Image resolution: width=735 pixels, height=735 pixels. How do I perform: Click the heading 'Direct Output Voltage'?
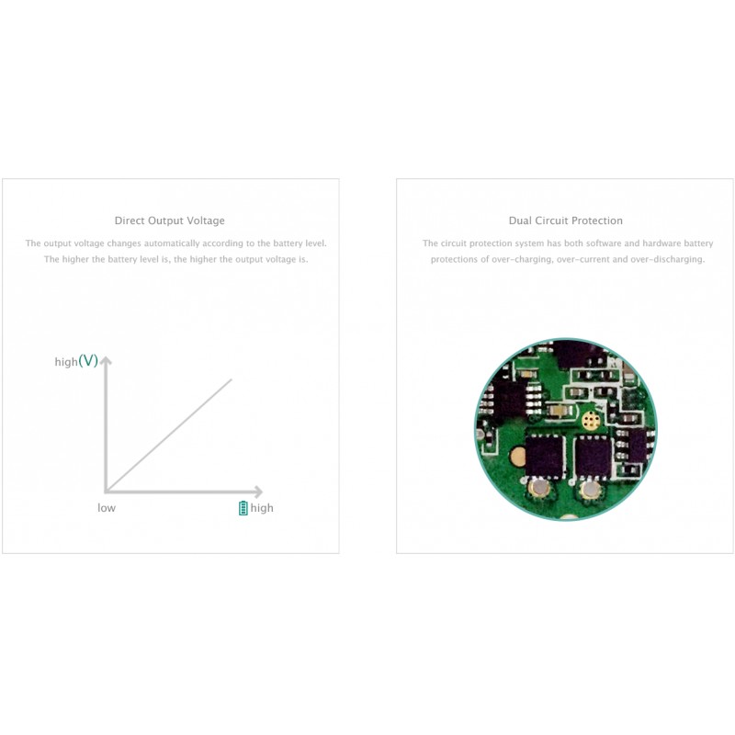(x=170, y=220)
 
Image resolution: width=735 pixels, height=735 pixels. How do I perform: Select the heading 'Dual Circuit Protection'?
(x=566, y=220)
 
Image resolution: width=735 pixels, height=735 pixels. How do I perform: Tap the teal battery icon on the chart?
(x=243, y=508)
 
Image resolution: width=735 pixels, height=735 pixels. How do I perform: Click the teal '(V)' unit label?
(x=88, y=360)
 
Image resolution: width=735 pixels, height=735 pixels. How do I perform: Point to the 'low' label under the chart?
(x=107, y=508)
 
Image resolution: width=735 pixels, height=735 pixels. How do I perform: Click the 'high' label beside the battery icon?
(x=262, y=508)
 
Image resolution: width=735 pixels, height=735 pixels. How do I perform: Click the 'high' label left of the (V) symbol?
(x=66, y=362)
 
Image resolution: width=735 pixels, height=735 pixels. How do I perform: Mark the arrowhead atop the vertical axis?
(x=106, y=360)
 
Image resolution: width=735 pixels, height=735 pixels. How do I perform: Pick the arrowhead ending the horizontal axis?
(x=258, y=492)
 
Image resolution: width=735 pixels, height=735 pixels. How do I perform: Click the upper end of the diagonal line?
(x=232, y=379)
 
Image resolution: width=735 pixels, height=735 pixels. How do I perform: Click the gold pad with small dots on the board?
(x=592, y=420)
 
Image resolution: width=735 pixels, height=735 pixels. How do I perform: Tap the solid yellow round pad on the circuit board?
(x=517, y=457)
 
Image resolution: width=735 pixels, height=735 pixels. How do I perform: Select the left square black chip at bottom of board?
(x=544, y=456)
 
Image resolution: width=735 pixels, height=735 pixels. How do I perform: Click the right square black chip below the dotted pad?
(x=594, y=456)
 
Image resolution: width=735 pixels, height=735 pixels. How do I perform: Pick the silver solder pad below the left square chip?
(x=539, y=489)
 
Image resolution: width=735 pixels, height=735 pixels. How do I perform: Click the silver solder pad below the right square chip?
(x=589, y=490)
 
